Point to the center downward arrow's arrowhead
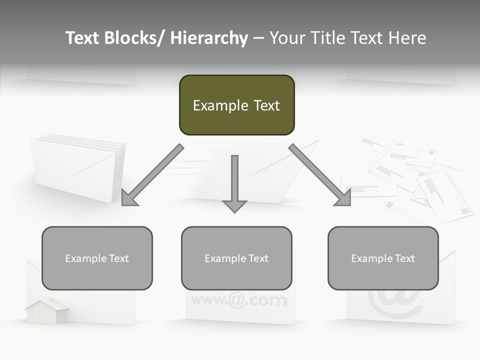point(234,206)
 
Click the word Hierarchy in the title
point(209,38)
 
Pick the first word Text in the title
point(83,38)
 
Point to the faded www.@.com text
point(239,300)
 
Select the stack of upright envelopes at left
point(77,167)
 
